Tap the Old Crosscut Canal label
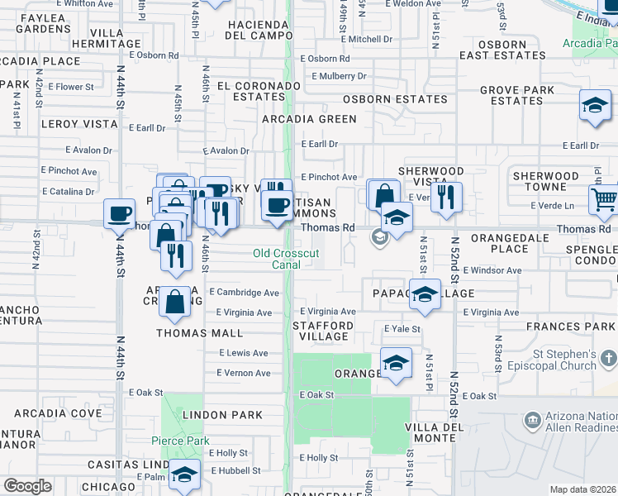point(285,259)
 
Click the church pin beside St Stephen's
point(608,359)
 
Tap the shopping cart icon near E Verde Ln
point(603,198)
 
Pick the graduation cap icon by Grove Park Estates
point(594,107)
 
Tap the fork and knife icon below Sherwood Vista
point(446,197)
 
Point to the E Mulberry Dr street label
point(339,77)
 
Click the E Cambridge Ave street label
point(244,293)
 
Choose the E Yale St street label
point(402,329)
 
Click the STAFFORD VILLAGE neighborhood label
point(324,331)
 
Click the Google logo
point(27,486)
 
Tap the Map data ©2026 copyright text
point(583,489)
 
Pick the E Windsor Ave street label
point(492,270)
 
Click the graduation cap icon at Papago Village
point(425,295)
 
